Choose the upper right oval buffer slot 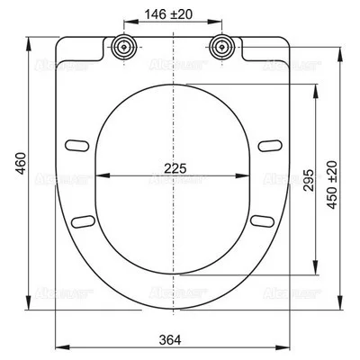pos(266,144)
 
